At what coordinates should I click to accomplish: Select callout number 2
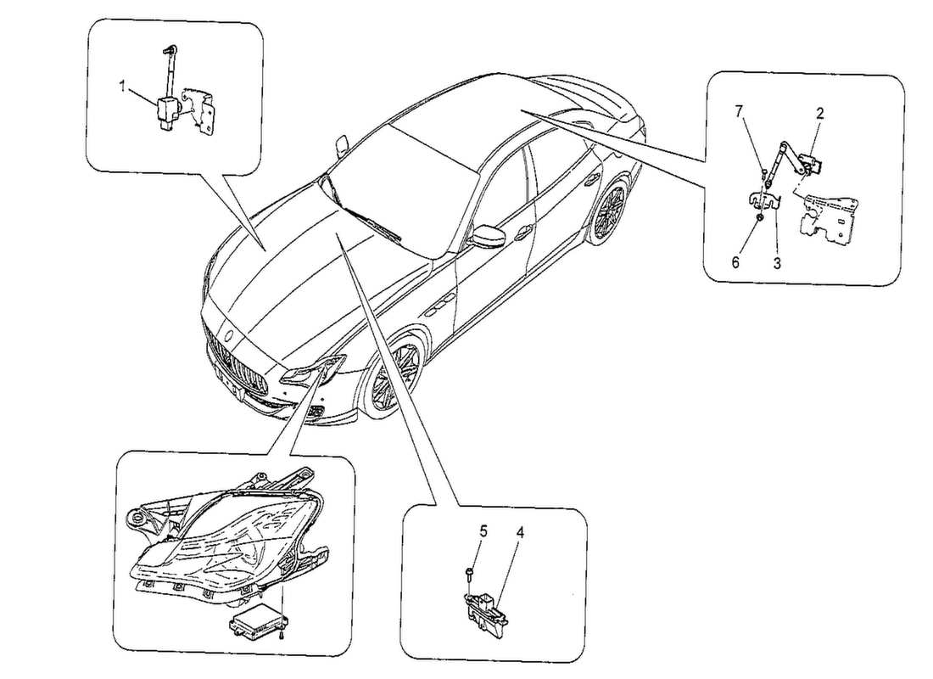coord(820,111)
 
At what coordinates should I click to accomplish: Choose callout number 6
coord(735,263)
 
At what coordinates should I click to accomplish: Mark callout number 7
coord(738,111)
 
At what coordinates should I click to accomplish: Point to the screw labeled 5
coord(468,576)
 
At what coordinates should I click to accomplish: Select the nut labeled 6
coord(760,220)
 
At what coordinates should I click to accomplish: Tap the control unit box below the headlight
coord(254,626)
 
